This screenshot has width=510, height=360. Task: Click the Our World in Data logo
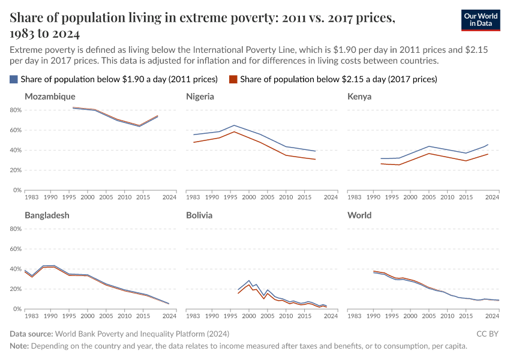point(481,20)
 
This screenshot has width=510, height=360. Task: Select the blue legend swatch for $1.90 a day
point(14,79)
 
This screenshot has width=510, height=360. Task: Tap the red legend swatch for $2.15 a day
point(233,79)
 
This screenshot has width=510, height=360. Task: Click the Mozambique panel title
point(50,97)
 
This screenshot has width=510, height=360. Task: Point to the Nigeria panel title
point(200,97)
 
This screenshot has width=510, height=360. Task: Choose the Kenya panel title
point(359,97)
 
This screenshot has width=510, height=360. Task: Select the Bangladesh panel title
point(47,215)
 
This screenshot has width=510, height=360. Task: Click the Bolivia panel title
point(199,215)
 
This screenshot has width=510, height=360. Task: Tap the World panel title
point(359,215)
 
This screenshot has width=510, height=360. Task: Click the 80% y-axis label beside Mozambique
point(16,110)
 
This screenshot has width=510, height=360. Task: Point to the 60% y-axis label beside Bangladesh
point(16,249)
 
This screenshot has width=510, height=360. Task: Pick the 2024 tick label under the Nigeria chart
point(331,197)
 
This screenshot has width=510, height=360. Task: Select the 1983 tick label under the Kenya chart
point(354,197)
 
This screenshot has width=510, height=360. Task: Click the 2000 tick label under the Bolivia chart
point(249,316)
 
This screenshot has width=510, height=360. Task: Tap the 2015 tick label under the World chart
point(466,316)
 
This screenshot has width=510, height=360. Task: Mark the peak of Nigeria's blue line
point(234,125)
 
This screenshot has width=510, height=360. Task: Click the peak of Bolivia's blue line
point(249,280)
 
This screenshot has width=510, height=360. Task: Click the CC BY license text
point(487,334)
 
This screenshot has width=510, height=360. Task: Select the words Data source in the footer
point(31,334)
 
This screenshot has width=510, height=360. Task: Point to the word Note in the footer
point(19,346)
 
